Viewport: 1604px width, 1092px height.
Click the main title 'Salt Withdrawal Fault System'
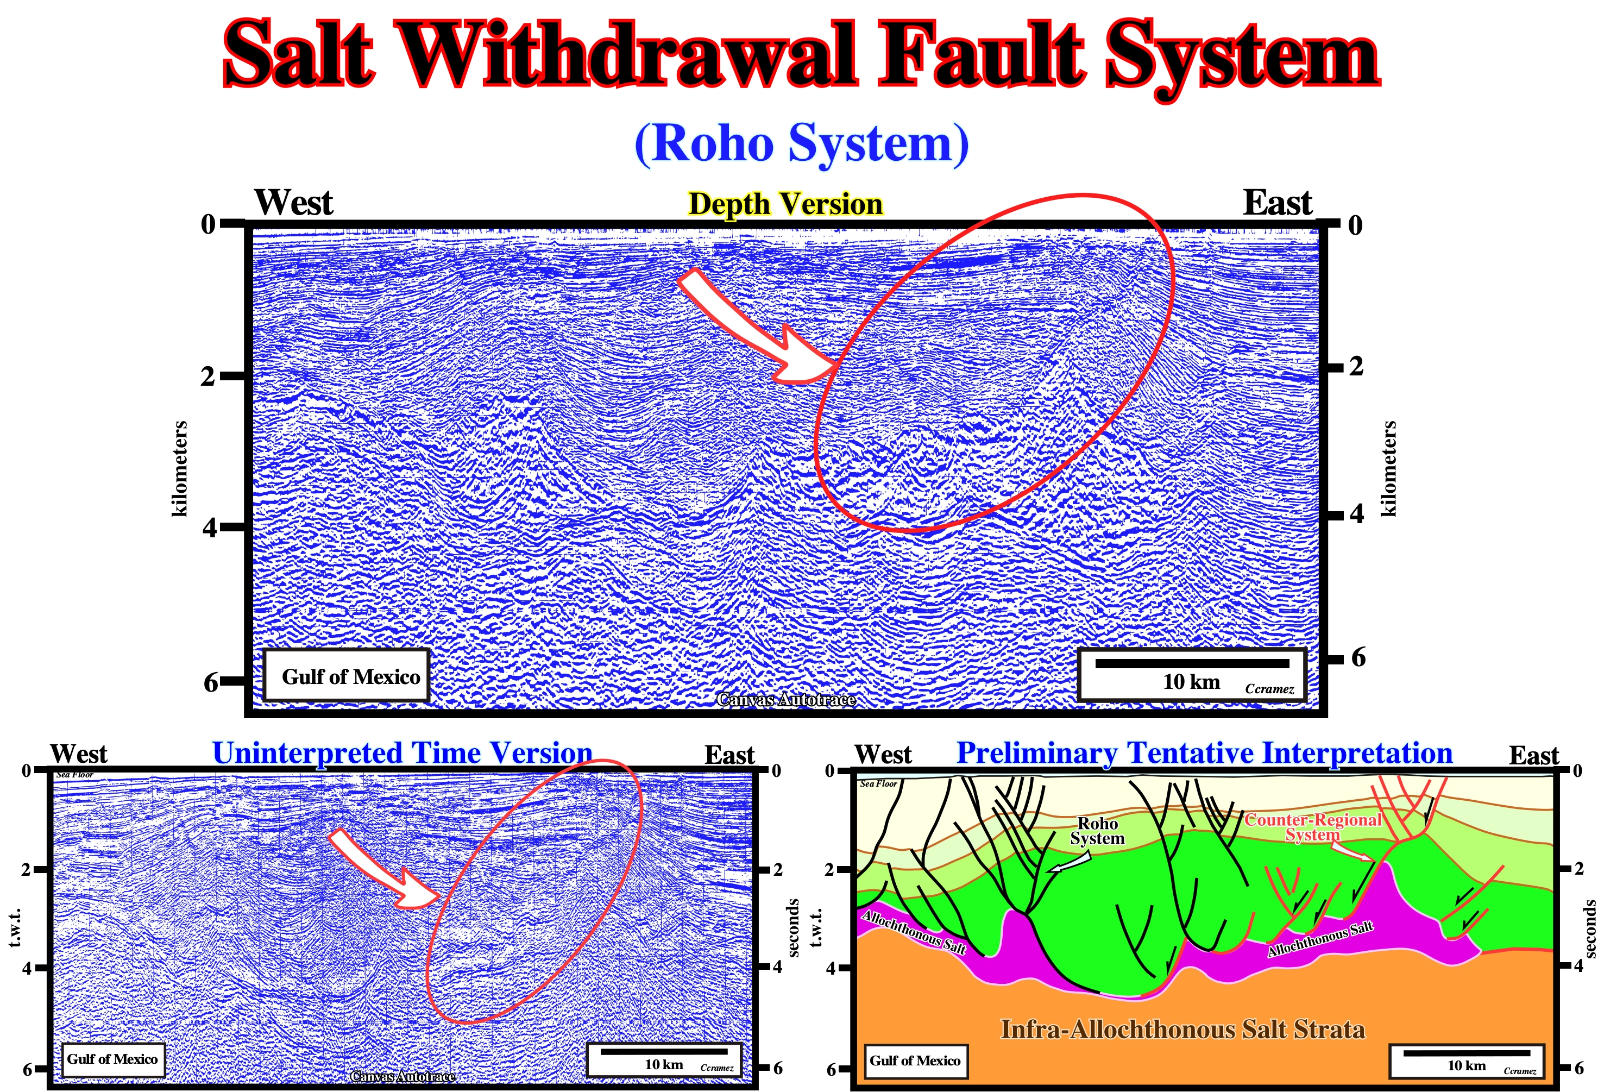tap(801, 55)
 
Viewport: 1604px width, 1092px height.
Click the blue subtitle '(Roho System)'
tap(801, 143)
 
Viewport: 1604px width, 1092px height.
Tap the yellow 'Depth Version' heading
tap(785, 204)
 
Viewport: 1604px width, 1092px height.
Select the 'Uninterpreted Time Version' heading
tap(402, 753)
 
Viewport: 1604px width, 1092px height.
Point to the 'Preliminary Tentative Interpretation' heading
tap(1204, 753)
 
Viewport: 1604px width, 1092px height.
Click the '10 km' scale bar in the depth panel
tap(1192, 674)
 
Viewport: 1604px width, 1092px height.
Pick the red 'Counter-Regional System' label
tap(1313, 827)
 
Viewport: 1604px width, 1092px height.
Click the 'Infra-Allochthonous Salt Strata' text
tap(1183, 1029)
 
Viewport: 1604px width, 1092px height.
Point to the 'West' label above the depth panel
tap(293, 203)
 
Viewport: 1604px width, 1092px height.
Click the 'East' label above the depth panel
tap(1278, 203)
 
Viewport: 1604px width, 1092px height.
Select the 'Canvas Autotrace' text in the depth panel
tap(786, 699)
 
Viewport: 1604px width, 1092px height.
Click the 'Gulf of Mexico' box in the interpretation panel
tap(915, 1061)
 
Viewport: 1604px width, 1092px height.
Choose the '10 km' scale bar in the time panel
tap(664, 1059)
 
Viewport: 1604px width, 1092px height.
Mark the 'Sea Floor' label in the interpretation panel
tap(879, 783)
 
